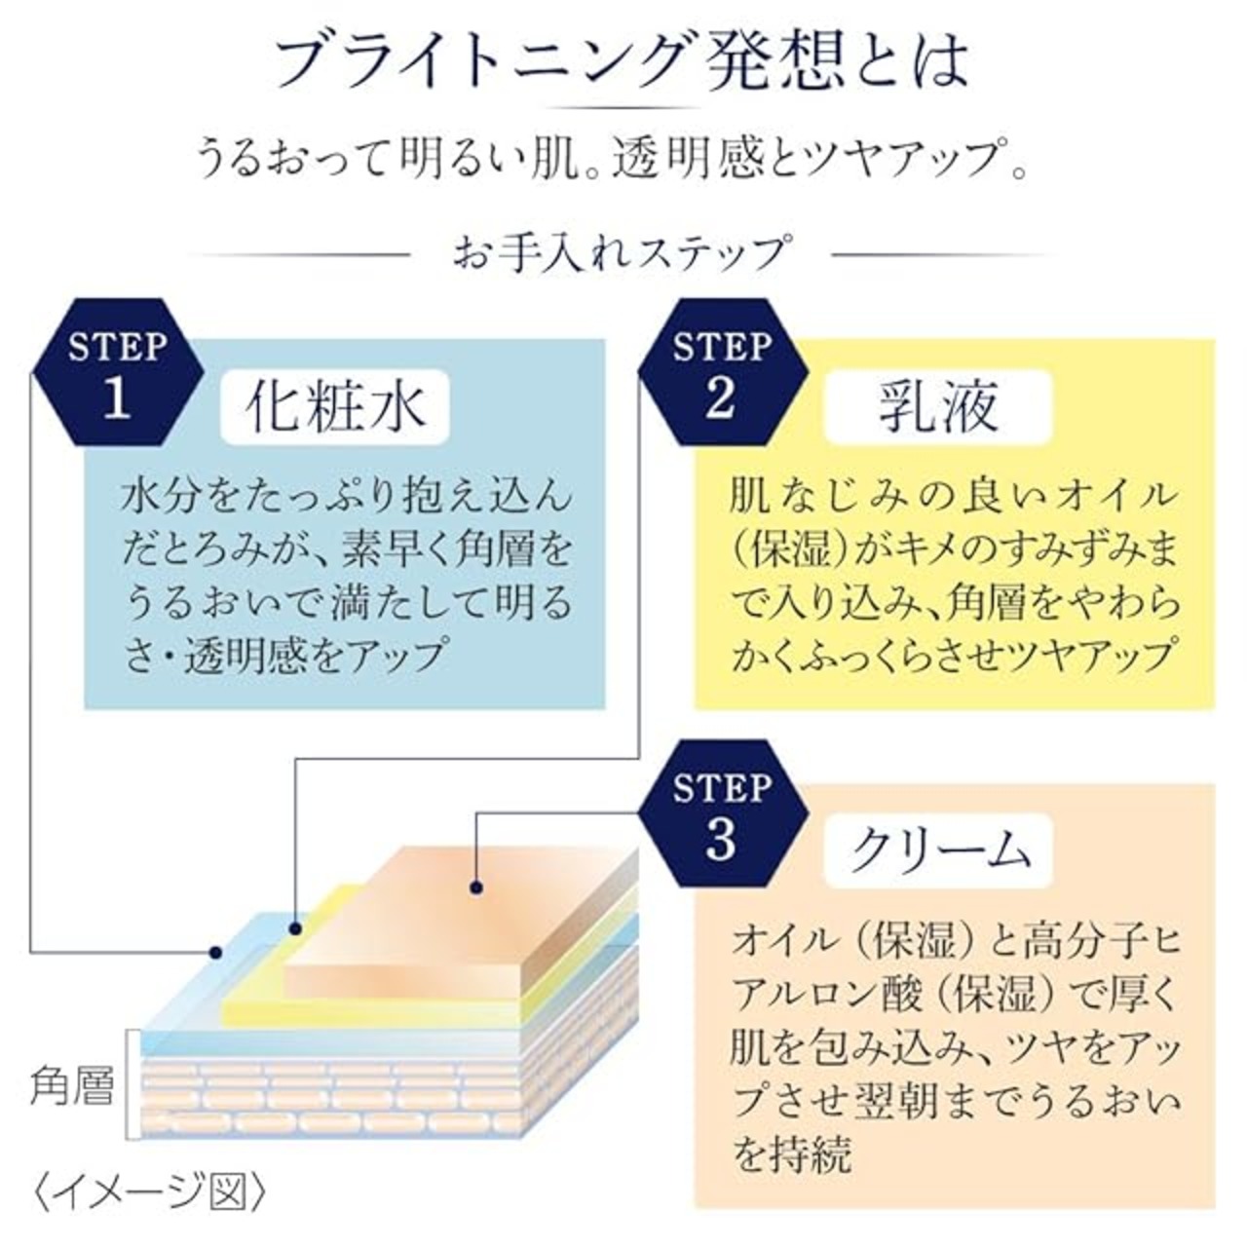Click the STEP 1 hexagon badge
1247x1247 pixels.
[117, 372]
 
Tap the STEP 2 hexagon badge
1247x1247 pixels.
[721, 372]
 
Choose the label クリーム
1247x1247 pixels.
[938, 850]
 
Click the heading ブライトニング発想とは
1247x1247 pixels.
[623, 60]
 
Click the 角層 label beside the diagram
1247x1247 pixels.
[70, 1084]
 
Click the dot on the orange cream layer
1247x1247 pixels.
[476, 887]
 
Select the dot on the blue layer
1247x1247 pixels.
[216, 951]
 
